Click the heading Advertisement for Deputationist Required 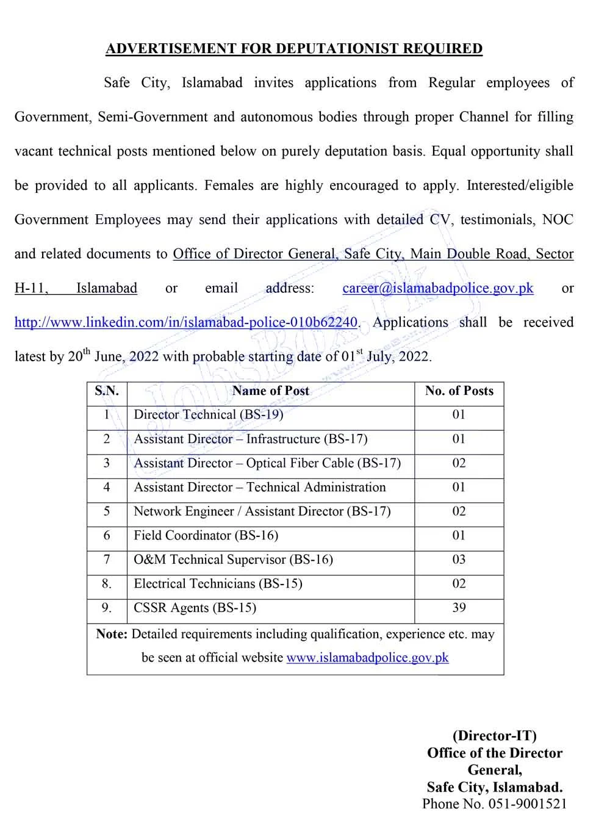pos(294,49)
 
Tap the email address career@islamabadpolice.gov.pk pos(437,288)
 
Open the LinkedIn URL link pos(185,322)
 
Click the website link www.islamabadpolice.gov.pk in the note pos(367,658)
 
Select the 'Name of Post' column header pos(271,391)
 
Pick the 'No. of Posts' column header pos(459,391)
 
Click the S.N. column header pos(107,391)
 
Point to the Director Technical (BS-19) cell pos(209,415)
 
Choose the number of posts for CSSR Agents pos(459,608)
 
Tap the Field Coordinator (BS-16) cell pos(206,536)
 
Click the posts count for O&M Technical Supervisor pos(459,560)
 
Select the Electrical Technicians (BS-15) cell pos(218,584)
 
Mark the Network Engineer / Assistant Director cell pos(262,511)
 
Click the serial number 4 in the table pos(107,488)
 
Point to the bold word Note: pos(112,635)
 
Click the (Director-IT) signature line pos(494,736)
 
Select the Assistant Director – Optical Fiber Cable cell pos(267,463)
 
